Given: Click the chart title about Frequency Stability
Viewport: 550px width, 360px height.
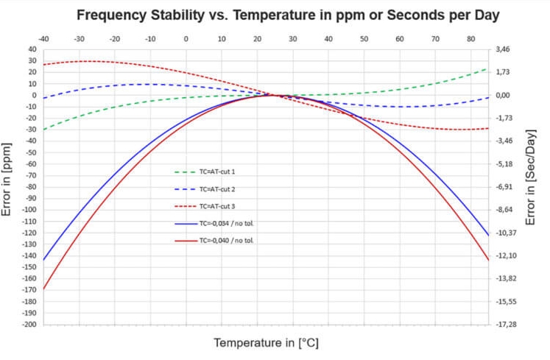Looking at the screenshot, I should click(288, 15).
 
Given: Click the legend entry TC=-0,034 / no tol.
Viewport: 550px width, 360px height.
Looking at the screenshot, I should click(226, 223).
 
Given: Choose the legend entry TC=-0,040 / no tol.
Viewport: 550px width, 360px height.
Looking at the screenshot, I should click(226, 241).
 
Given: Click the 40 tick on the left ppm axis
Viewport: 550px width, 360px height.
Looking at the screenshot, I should click(32, 49).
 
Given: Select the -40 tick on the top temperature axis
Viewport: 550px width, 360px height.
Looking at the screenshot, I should click(44, 39).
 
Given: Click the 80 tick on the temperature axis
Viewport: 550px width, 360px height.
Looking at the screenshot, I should click(470, 39).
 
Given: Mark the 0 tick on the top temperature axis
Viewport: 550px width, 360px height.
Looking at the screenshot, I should click(186, 39).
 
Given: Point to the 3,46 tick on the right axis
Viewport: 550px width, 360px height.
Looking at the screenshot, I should click(503, 49).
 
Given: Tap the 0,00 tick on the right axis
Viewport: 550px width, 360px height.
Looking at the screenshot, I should click(503, 95).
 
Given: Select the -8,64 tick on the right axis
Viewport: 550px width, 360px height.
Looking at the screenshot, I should click(504, 210).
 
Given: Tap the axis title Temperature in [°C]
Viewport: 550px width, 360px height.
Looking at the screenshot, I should click(266, 343).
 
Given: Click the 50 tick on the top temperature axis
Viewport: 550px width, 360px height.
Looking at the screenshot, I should click(364, 39).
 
